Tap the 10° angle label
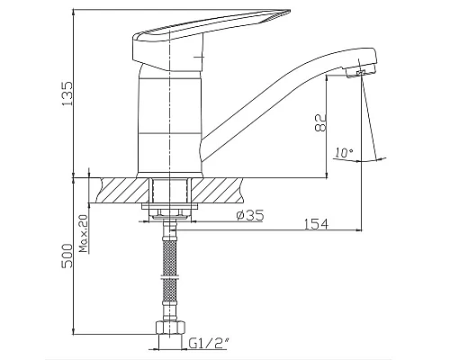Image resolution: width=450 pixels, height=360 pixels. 343,153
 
